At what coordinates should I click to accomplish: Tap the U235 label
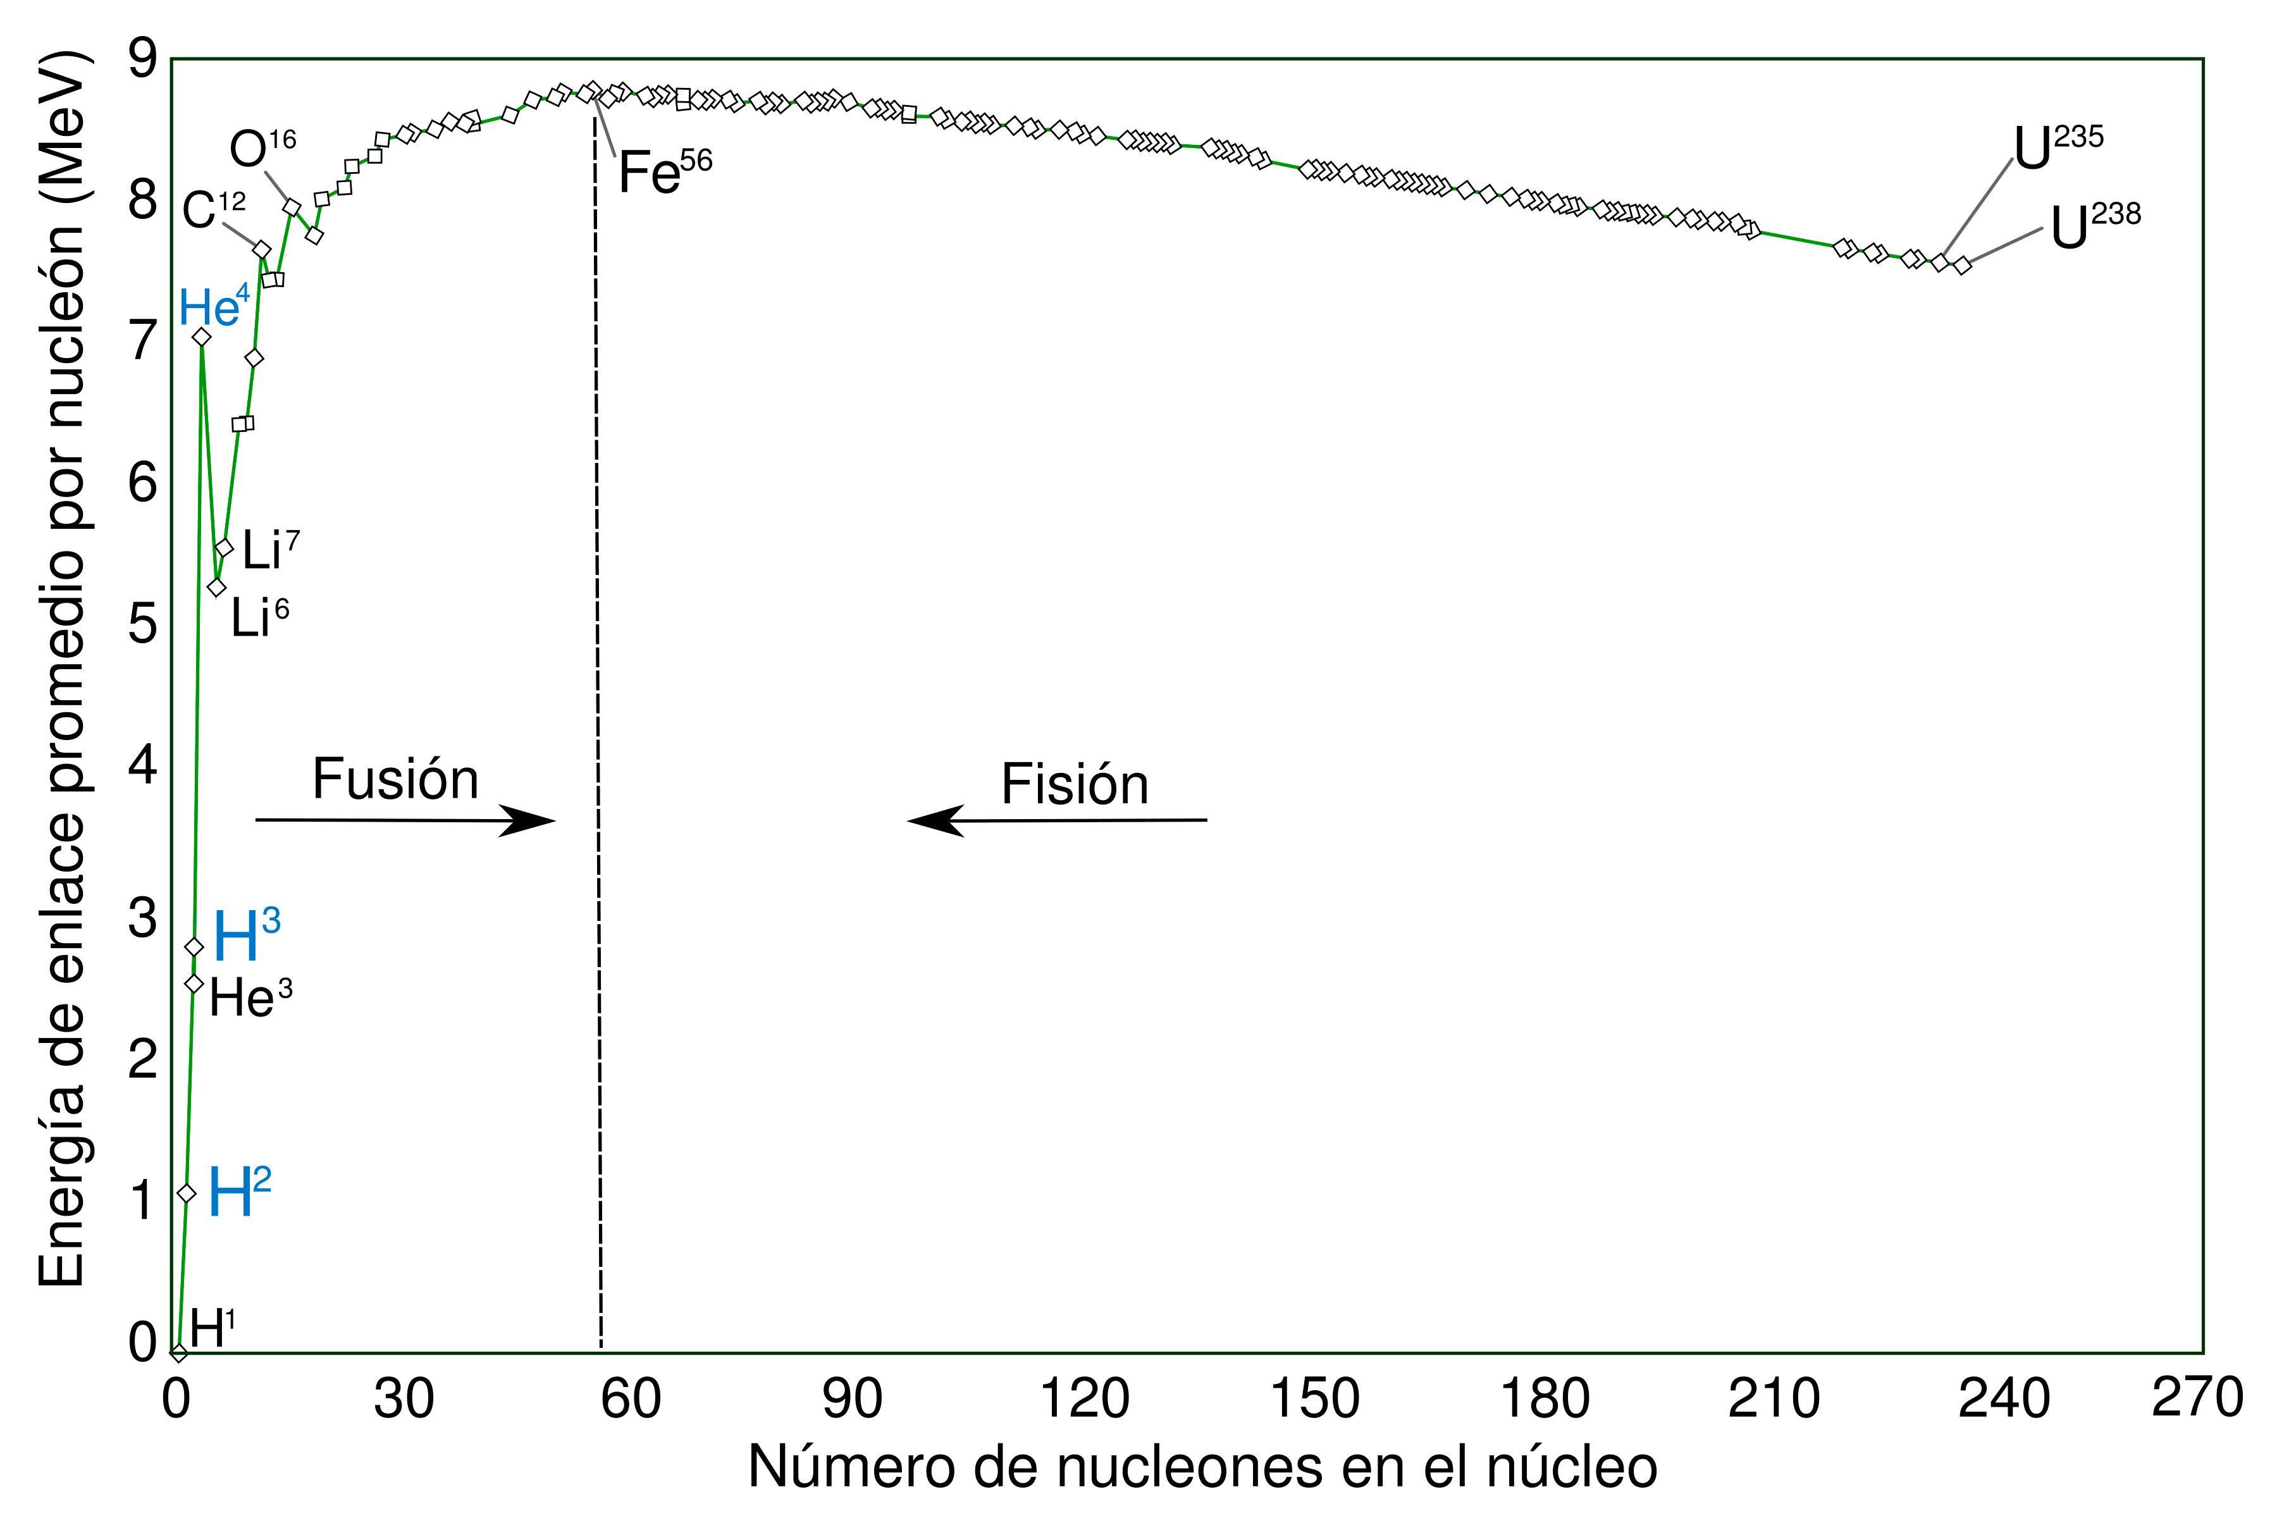pos(2058,148)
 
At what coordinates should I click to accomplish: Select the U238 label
pos(2095,226)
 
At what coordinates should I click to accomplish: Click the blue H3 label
pos(246,934)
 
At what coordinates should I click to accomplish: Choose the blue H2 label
pos(239,1193)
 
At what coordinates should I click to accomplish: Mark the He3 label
pos(250,997)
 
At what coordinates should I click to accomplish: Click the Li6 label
pos(259,617)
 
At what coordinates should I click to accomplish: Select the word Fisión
pos(1075,784)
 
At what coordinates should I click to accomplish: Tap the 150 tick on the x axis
pos(1314,1399)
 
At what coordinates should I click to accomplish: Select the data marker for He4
pos(201,337)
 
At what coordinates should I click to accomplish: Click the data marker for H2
pos(187,1194)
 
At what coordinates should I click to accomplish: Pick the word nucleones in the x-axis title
pos(1152,1467)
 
